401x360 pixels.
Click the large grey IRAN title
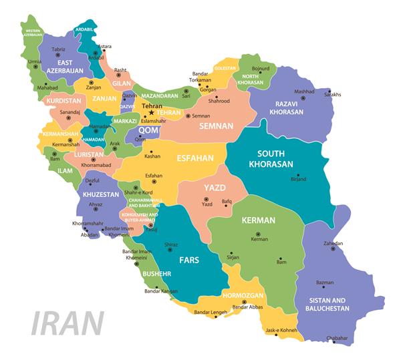coord(69,323)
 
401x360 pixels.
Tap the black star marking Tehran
coord(152,112)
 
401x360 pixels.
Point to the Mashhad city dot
coord(303,98)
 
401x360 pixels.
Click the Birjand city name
coord(298,179)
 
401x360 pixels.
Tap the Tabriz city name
coord(59,49)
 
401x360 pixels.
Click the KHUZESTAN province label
coord(100,194)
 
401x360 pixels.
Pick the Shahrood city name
coord(219,101)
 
